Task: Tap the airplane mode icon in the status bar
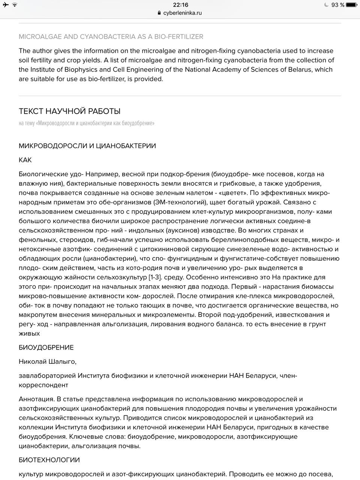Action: (6, 5)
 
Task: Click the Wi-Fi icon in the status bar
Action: (15, 5)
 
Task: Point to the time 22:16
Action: (180, 5)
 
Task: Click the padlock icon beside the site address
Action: (159, 13)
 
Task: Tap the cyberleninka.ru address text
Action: (183, 13)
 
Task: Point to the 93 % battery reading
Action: (337, 5)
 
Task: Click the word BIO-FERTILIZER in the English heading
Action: (178, 37)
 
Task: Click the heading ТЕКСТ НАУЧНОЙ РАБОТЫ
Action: (69, 111)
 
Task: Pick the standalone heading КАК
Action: (25, 160)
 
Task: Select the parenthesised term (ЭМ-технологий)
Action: (180, 202)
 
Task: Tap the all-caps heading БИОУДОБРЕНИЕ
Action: (46, 348)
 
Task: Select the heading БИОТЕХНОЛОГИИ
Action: (49, 460)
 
